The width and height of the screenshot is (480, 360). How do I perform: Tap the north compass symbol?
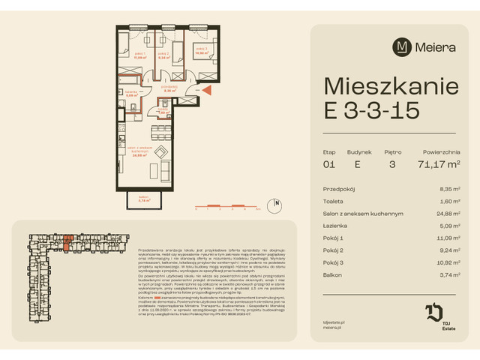click(x=276, y=202)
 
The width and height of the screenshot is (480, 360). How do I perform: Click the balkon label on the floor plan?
click(x=145, y=200)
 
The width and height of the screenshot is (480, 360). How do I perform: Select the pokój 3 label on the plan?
click(x=201, y=52)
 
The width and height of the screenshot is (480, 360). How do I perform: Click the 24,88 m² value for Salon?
click(x=446, y=214)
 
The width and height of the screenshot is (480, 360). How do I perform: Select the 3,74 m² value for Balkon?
click(x=448, y=275)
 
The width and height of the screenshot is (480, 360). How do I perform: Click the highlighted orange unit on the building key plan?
click(x=67, y=241)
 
